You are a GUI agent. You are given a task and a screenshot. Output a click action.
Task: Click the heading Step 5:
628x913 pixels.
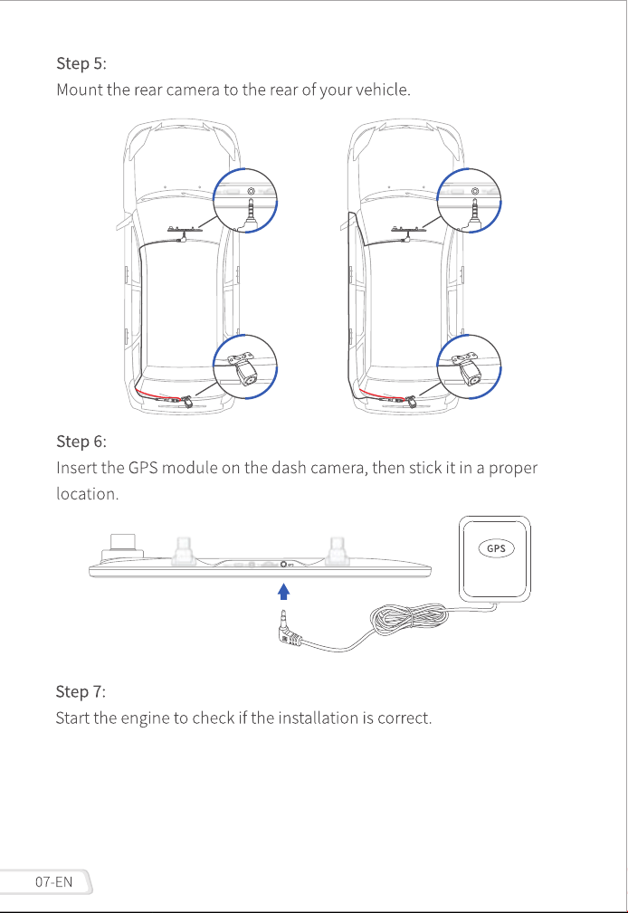coord(81,62)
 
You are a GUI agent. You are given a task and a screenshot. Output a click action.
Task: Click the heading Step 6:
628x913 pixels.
coord(81,442)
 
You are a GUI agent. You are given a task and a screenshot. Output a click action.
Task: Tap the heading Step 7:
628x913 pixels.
coord(81,691)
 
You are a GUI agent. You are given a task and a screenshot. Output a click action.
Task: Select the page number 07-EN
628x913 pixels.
coord(53,881)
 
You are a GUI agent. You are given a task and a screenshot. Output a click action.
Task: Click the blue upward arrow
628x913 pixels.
coord(284,592)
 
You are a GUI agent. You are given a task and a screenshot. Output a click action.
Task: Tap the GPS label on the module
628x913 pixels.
coord(496,548)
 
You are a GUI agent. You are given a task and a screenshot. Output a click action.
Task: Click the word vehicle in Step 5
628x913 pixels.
coord(382,90)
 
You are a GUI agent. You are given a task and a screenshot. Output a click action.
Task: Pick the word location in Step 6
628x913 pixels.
coord(87,494)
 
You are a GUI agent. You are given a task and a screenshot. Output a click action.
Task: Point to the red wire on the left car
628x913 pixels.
coord(153,392)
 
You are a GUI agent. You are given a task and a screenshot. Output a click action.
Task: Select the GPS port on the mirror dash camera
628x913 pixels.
coord(284,564)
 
